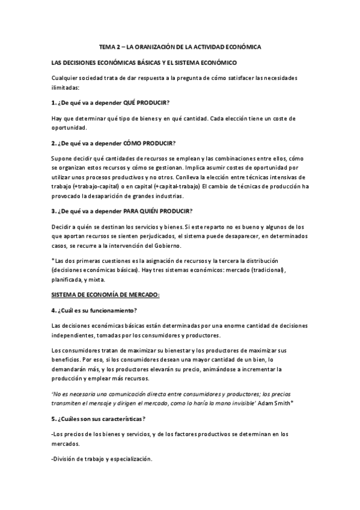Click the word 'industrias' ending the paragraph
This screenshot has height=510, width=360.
click(x=180, y=196)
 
